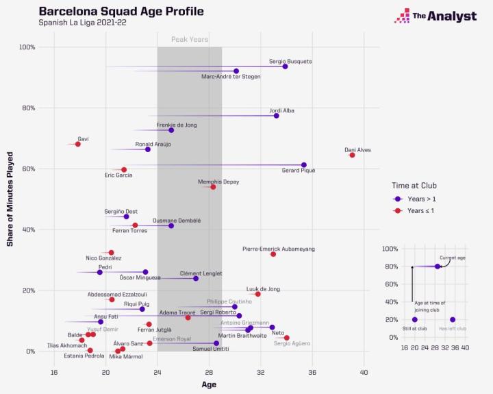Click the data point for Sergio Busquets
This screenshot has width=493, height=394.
(x=285, y=66)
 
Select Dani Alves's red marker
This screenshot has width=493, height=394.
(x=352, y=155)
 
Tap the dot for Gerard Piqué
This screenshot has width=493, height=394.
(x=304, y=164)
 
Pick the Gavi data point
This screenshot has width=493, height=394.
(x=78, y=144)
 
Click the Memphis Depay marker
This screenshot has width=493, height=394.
(x=213, y=187)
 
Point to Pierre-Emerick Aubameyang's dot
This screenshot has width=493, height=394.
(x=273, y=254)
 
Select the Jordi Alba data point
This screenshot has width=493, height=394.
(x=276, y=116)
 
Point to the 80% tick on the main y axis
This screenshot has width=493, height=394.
(x=27, y=108)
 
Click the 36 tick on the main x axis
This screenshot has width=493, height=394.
(x=312, y=372)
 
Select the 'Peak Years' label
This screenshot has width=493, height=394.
(x=190, y=40)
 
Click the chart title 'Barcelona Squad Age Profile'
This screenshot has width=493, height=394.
(x=121, y=12)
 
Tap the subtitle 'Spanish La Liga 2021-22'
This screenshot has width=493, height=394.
(x=82, y=23)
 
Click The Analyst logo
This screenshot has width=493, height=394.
(x=435, y=16)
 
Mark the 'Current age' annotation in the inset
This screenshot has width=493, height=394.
(x=453, y=258)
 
